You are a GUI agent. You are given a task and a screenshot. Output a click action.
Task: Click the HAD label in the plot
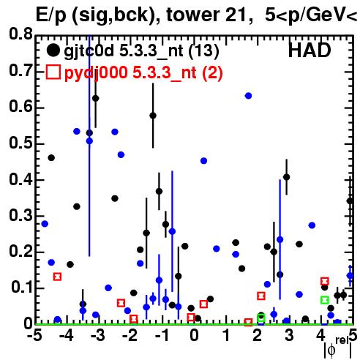[x=310, y=50]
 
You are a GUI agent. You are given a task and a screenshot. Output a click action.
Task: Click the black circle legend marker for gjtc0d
[x=53, y=50]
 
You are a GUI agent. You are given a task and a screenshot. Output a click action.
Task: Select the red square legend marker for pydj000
[x=53, y=72]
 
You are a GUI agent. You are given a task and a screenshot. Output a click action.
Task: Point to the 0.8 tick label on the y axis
[x=20, y=34]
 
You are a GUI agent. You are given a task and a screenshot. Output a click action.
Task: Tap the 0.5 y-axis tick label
[x=20, y=143]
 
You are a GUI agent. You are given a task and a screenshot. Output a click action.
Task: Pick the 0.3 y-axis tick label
[x=20, y=215]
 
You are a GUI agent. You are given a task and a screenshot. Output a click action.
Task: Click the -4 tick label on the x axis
[x=67, y=336]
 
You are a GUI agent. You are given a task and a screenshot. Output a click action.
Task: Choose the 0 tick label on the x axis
[x=194, y=336]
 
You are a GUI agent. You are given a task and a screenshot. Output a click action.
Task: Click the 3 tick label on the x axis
[x=289, y=336]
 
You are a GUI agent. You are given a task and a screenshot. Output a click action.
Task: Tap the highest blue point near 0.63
[x=248, y=96]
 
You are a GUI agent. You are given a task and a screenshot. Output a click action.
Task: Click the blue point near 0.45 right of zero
[x=203, y=161]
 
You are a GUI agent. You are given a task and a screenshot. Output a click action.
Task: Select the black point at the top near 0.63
[x=96, y=99]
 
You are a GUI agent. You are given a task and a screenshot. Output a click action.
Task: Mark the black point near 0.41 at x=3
[x=287, y=177]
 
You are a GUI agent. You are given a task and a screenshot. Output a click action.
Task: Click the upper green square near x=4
[x=324, y=300]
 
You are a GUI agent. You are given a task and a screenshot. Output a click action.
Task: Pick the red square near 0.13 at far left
[x=57, y=277]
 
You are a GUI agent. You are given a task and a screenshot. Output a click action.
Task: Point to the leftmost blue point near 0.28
[x=45, y=224]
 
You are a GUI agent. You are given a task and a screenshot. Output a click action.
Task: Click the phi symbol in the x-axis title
[x=331, y=350]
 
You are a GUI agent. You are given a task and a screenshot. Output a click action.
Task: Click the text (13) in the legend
[x=203, y=50]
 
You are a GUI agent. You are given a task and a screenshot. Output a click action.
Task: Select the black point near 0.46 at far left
[x=51, y=158]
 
